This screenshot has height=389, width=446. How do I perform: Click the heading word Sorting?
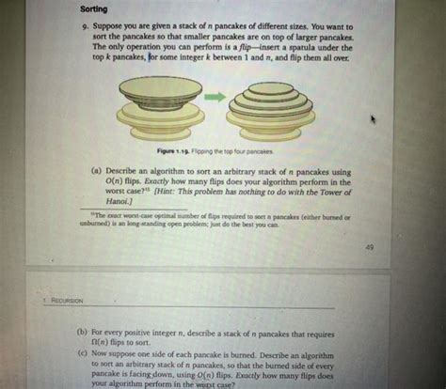pyautogui.click(x=96, y=8)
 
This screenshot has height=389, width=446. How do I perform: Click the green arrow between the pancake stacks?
pyautogui.click(x=215, y=96)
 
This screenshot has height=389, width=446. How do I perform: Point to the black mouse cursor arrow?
pyautogui.click(x=374, y=118)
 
